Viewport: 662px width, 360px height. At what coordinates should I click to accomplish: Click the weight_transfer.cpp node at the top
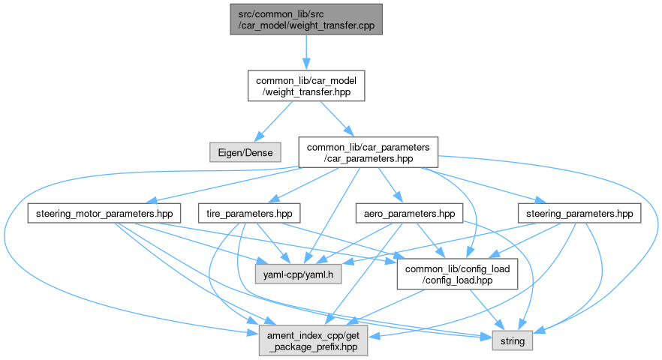[306, 18]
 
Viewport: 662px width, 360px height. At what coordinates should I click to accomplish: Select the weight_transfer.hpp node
[306, 86]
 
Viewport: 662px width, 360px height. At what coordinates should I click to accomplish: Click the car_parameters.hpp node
[368, 151]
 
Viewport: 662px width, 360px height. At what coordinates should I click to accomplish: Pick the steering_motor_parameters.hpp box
[104, 214]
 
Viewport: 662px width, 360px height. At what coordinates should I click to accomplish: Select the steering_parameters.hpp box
[579, 214]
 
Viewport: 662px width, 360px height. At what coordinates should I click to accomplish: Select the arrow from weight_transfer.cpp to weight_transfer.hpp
[306, 52]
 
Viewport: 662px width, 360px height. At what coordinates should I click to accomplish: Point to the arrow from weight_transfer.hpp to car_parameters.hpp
[336, 118]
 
